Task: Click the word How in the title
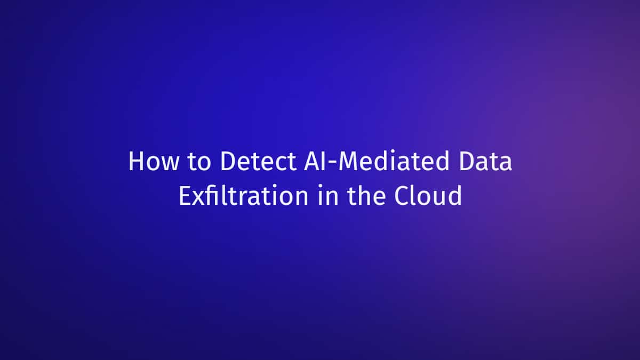[x=154, y=161]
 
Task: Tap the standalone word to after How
[x=199, y=162]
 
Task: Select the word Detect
[x=258, y=161]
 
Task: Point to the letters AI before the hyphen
[x=315, y=161]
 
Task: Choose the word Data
[x=485, y=161]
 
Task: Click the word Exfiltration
[x=243, y=195]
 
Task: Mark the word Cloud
[x=428, y=195]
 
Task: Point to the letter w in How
[x=170, y=164]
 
